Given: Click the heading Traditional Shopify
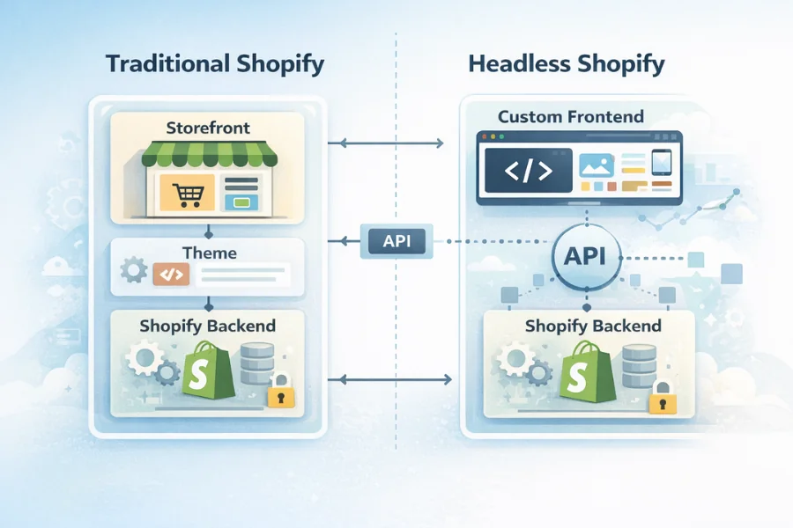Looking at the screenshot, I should tap(214, 64).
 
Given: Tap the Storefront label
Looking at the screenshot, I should tap(208, 128).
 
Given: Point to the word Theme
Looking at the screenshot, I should tap(209, 253).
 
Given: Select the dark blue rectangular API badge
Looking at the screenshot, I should tap(397, 239).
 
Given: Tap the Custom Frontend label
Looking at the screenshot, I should tap(570, 116).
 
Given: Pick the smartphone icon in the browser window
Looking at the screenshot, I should tap(662, 164).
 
